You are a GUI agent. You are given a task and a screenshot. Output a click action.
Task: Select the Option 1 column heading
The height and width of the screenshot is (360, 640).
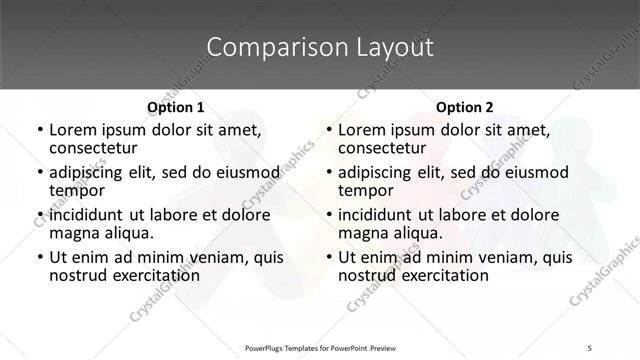(x=176, y=107)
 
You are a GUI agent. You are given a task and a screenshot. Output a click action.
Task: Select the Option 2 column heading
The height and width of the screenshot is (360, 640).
(x=465, y=107)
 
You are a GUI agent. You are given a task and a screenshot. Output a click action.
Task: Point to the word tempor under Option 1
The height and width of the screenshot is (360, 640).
(x=76, y=190)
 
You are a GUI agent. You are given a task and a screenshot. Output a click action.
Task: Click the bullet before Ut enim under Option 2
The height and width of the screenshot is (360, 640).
(x=328, y=258)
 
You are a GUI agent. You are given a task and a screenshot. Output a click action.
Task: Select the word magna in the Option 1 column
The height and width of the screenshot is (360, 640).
(x=74, y=233)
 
